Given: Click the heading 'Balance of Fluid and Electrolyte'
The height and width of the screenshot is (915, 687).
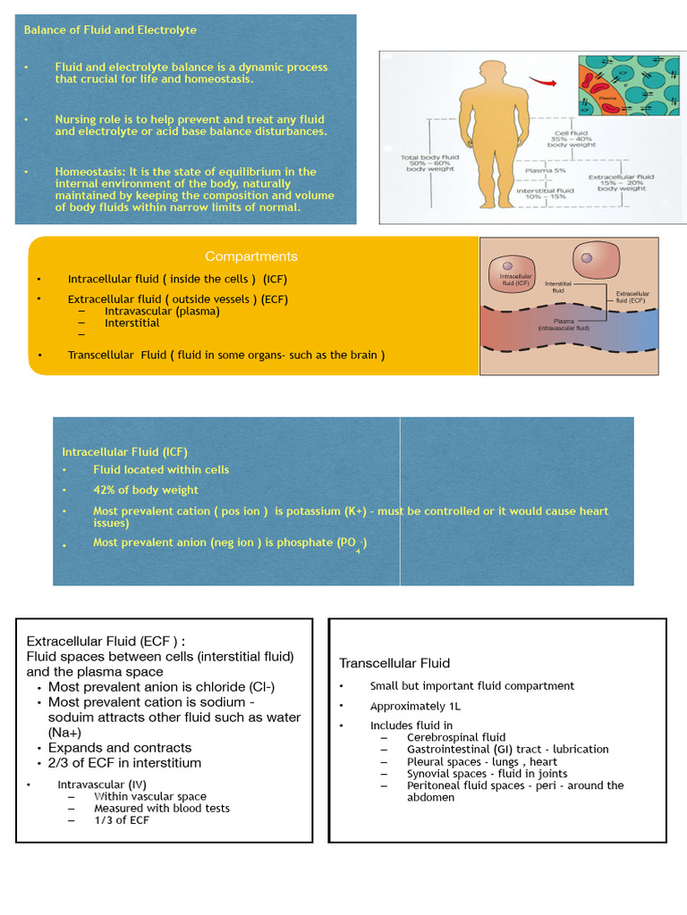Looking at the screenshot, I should [110, 29].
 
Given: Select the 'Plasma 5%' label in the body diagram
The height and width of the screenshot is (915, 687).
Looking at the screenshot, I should [545, 170].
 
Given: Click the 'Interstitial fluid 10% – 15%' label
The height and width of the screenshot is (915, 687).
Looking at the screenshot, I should [545, 194].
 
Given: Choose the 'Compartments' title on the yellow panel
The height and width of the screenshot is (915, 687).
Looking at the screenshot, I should [251, 256].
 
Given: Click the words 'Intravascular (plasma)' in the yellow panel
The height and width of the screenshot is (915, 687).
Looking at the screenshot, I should [162, 311].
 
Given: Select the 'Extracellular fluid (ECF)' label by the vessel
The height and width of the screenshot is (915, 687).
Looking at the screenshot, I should [632, 297].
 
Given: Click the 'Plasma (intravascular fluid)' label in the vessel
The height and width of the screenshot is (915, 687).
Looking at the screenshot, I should [564, 324].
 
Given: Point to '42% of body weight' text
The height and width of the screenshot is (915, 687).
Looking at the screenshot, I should [146, 490].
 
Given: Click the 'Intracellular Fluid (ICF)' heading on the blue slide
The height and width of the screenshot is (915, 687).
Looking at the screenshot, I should [124, 451].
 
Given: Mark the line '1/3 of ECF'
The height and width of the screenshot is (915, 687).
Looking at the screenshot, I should [122, 819].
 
